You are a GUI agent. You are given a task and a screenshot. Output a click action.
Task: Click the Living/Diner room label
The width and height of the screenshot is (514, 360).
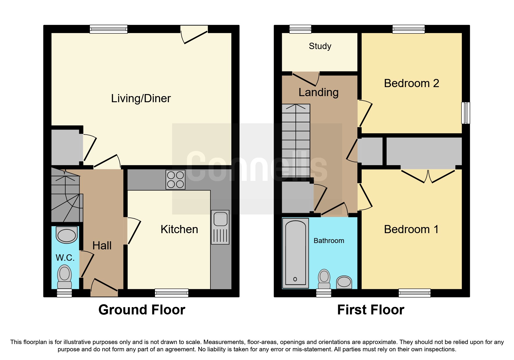(x=141, y=98)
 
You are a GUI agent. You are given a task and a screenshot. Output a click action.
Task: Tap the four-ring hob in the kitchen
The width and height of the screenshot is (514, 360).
(x=175, y=180)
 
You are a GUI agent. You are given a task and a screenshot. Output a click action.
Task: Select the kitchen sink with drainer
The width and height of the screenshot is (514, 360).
(x=220, y=227)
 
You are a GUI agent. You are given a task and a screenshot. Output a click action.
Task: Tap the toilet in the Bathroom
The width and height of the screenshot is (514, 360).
(x=324, y=279)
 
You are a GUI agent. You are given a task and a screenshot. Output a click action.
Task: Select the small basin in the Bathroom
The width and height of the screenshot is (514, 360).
(x=344, y=282)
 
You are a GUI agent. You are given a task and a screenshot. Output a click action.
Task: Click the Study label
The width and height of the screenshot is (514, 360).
(x=320, y=46)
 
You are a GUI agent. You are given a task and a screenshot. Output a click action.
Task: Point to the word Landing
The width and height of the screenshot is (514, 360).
(x=318, y=92)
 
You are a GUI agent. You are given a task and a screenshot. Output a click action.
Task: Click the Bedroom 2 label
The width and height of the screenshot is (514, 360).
(x=411, y=83)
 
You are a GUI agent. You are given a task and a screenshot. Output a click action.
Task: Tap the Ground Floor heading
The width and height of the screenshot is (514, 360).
(x=142, y=310)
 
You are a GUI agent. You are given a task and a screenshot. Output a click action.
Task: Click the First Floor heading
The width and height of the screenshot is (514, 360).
(x=371, y=310)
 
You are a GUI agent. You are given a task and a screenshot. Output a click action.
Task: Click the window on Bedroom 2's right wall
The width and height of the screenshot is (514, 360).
(x=466, y=113)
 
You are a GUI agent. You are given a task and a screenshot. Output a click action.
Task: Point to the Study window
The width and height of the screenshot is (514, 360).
(x=300, y=29)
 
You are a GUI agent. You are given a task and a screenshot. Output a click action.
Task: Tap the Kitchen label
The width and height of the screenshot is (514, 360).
(x=179, y=229)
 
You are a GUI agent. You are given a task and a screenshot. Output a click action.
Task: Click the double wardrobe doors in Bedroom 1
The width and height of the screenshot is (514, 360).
(x=428, y=176)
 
